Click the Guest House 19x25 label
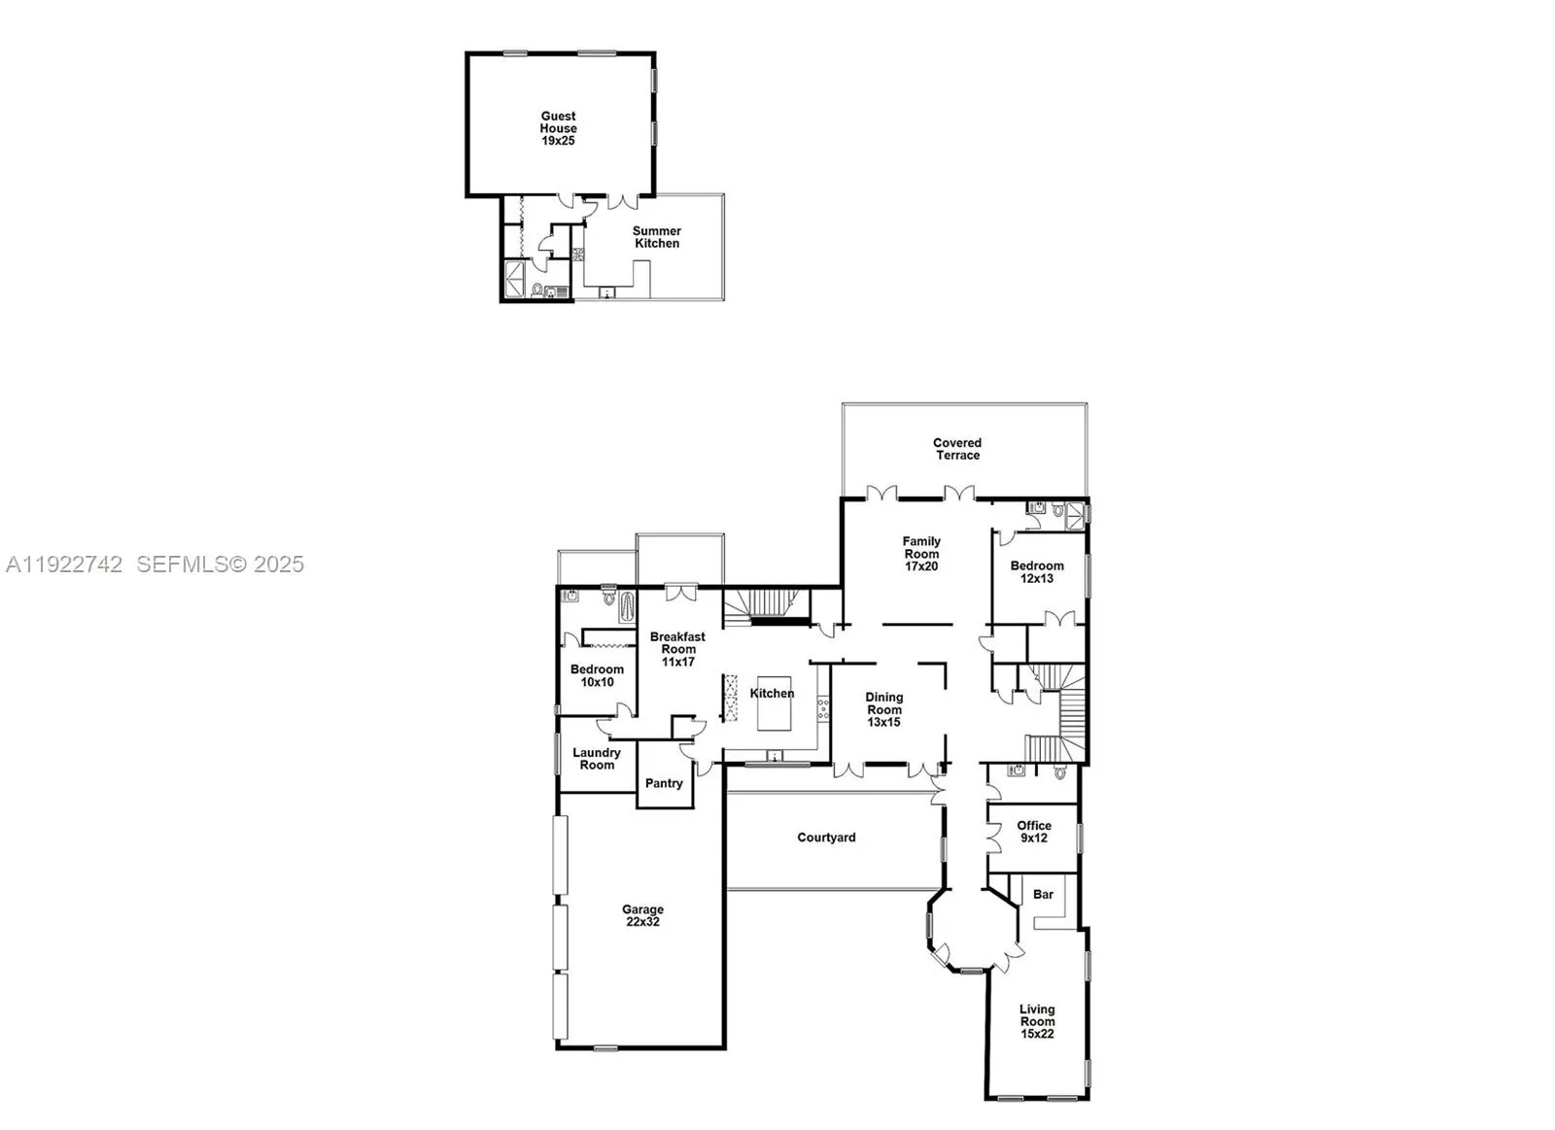pyautogui.click(x=558, y=128)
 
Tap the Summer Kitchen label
pyautogui.click(x=657, y=237)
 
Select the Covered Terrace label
pyautogui.click(x=957, y=449)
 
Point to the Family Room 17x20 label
pyautogui.click(x=920, y=554)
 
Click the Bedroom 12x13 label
pyautogui.click(x=1036, y=572)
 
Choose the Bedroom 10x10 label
pyautogui.click(x=597, y=675)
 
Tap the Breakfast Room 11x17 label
pyautogui.click(x=677, y=649)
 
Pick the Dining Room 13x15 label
pyautogui.click(x=883, y=709)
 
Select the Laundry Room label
pyautogui.click(x=596, y=759)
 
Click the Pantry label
pyautogui.click(x=664, y=783)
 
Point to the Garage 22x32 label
pyautogui.click(x=642, y=916)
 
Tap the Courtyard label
pyautogui.click(x=826, y=838)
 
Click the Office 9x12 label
pyautogui.click(x=1034, y=832)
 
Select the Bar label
pyautogui.click(x=1043, y=894)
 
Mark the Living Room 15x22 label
pyautogui.click(x=1037, y=1021)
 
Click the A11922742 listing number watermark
pyautogui.click(x=64, y=565)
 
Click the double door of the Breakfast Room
pyautogui.click(x=680, y=592)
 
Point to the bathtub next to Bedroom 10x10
pyautogui.click(x=626, y=608)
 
